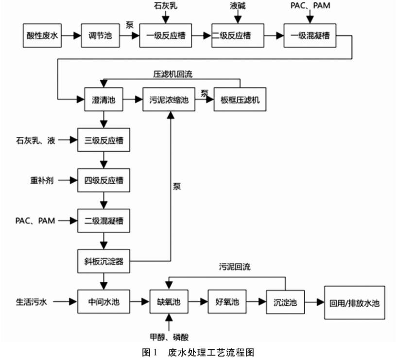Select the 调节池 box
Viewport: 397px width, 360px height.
[100, 36]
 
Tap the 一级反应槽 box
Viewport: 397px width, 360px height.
[165, 36]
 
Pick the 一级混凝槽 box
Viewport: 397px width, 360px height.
[309, 36]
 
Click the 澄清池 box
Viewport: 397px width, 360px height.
[103, 100]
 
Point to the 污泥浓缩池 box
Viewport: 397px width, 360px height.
[169, 100]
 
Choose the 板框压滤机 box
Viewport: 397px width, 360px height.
[240, 100]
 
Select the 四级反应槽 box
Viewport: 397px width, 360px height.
[103, 181]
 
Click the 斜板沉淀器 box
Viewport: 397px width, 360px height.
[103, 262]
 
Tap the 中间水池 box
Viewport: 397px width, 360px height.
[103, 302]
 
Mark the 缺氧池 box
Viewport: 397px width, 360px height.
[169, 302]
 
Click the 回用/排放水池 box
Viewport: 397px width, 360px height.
[354, 302]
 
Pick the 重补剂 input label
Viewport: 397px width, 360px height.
[40, 181]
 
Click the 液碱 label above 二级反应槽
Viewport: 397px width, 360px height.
[238, 7]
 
